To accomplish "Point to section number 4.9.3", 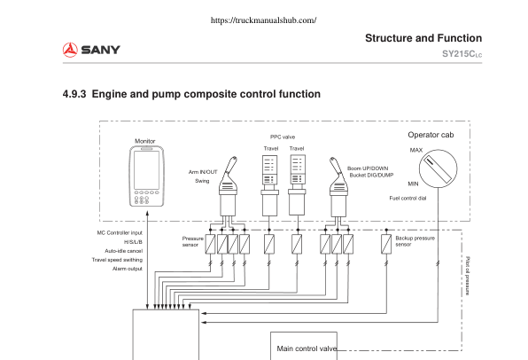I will pyautogui.click(x=75, y=93).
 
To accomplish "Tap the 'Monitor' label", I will pyautogui.click(x=144, y=141).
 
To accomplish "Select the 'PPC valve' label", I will pyautogui.click(x=283, y=137).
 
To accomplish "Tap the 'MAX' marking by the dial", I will pyautogui.click(x=415, y=150).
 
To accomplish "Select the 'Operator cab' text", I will pyautogui.click(x=431, y=135).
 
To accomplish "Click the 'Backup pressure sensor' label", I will pyautogui.click(x=414, y=241).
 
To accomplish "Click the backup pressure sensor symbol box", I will pyautogui.click(x=386, y=241).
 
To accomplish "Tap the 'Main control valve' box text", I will pyautogui.click(x=307, y=348).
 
